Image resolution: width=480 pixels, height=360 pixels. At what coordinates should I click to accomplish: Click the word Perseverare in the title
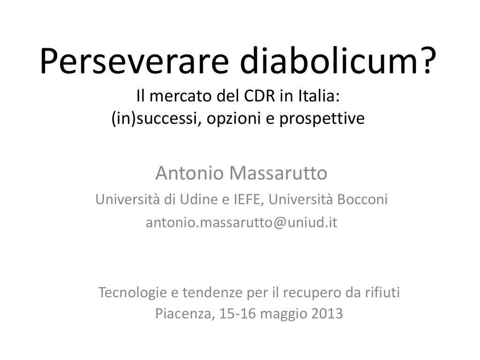[134, 60]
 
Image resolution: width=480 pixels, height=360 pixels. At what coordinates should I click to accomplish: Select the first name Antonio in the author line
[190, 173]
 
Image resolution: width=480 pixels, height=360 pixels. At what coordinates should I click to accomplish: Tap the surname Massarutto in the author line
[278, 173]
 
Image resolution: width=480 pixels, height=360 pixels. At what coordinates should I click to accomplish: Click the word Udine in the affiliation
[195, 199]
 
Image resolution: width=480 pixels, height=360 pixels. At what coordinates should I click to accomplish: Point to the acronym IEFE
[248, 200]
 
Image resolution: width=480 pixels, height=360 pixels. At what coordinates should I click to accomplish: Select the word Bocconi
[362, 199]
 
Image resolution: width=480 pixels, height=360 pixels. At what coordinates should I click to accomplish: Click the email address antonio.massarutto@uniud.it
[241, 223]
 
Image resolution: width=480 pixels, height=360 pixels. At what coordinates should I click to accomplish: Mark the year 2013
[327, 314]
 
